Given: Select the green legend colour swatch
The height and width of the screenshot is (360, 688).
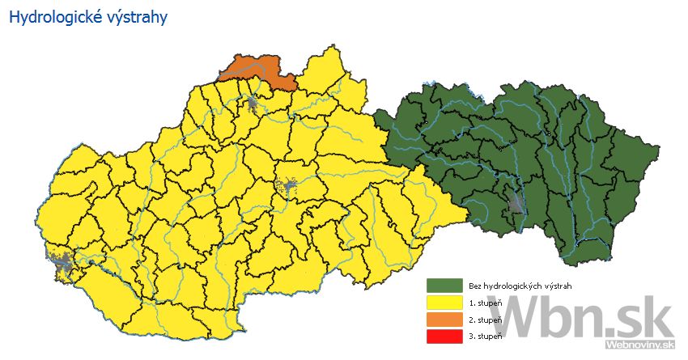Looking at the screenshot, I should click(444, 286).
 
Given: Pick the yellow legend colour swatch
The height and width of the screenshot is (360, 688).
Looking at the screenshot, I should click(444, 303).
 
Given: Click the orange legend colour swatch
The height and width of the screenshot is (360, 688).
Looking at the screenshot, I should click(444, 320).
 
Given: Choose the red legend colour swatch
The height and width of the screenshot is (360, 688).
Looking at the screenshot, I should click(444, 336).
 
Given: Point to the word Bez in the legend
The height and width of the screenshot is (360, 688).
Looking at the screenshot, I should click(474, 286).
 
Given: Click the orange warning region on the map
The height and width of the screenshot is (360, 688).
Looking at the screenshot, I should click(257, 71).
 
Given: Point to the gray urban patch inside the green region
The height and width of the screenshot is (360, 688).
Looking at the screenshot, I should click(515, 203).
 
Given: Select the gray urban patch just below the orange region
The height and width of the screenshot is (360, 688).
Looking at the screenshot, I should click(253, 103).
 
